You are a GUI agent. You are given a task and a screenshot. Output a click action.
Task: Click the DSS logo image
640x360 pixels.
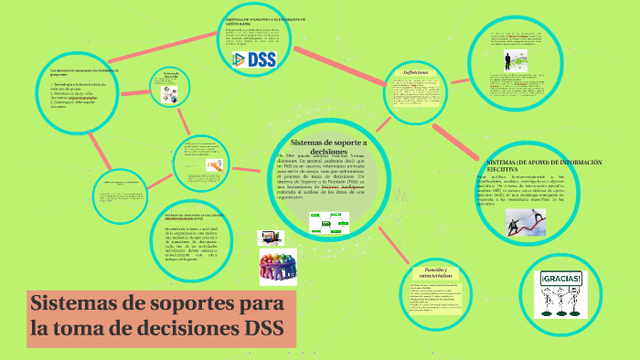click(249, 58)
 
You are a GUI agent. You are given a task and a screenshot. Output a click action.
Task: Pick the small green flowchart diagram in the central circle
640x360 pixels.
click(328, 223)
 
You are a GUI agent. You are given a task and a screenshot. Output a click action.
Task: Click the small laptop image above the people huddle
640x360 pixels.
click(271, 238)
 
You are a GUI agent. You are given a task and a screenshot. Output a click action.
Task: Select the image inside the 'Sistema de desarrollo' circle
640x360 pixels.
click(171, 92)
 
